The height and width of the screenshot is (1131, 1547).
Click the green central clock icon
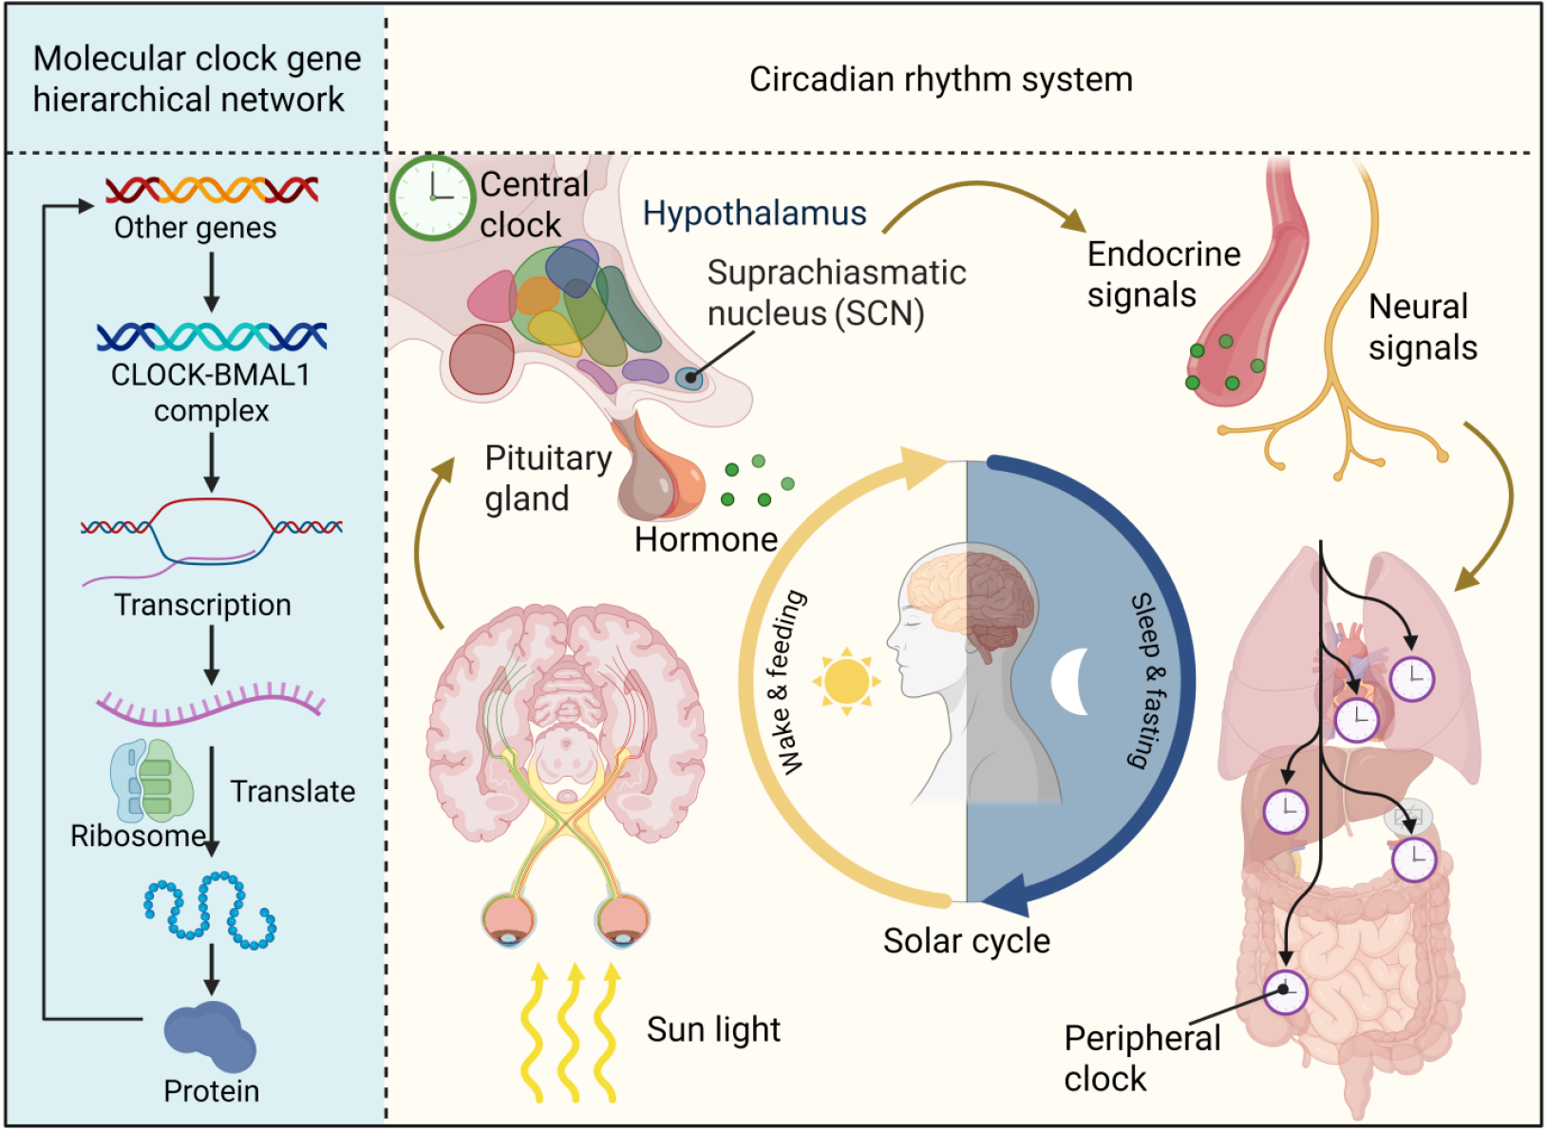pos(432,197)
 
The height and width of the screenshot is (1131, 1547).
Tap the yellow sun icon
pos(846,681)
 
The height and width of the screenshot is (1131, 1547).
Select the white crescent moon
pos(1072,681)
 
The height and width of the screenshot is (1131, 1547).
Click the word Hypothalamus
pos(754,214)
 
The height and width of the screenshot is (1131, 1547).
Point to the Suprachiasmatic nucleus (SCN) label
pos(836,292)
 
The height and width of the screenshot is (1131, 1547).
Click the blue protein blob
pos(210,1037)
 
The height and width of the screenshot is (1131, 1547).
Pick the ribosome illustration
pos(152,781)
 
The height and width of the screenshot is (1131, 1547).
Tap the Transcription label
pos(202,605)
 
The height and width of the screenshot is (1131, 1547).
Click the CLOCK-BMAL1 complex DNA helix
pos(212,336)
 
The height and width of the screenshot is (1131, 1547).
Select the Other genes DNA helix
pos(212,190)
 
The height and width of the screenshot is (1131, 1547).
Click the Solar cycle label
pos(966,941)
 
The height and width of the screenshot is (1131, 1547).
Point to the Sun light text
pos(713,1029)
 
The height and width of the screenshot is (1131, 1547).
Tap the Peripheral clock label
pos(1141,1059)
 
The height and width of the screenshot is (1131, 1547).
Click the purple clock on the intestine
pos(1285,992)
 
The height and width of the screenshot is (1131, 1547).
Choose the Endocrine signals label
pos(1163,274)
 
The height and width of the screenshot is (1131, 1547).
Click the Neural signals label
pos(1422,328)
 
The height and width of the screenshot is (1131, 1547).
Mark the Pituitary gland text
pos(547,478)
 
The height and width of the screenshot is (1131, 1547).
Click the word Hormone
pos(706,539)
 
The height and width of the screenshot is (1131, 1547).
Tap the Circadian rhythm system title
pos(940,80)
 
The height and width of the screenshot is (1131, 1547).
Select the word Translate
pos(292,791)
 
